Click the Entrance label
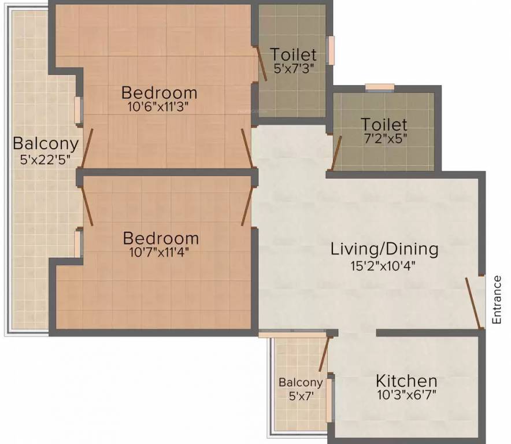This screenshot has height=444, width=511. (497, 299)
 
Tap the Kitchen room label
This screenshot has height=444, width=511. (406, 381)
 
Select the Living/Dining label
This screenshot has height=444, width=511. (384, 249)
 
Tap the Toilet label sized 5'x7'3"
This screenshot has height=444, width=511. (294, 55)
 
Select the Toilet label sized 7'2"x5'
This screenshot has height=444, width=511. (384, 124)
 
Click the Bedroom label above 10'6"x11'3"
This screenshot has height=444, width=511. (159, 92)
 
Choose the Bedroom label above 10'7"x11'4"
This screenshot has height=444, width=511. (161, 238)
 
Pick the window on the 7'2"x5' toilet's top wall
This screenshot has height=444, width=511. (380, 87)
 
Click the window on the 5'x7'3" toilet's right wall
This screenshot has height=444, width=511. (331, 50)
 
